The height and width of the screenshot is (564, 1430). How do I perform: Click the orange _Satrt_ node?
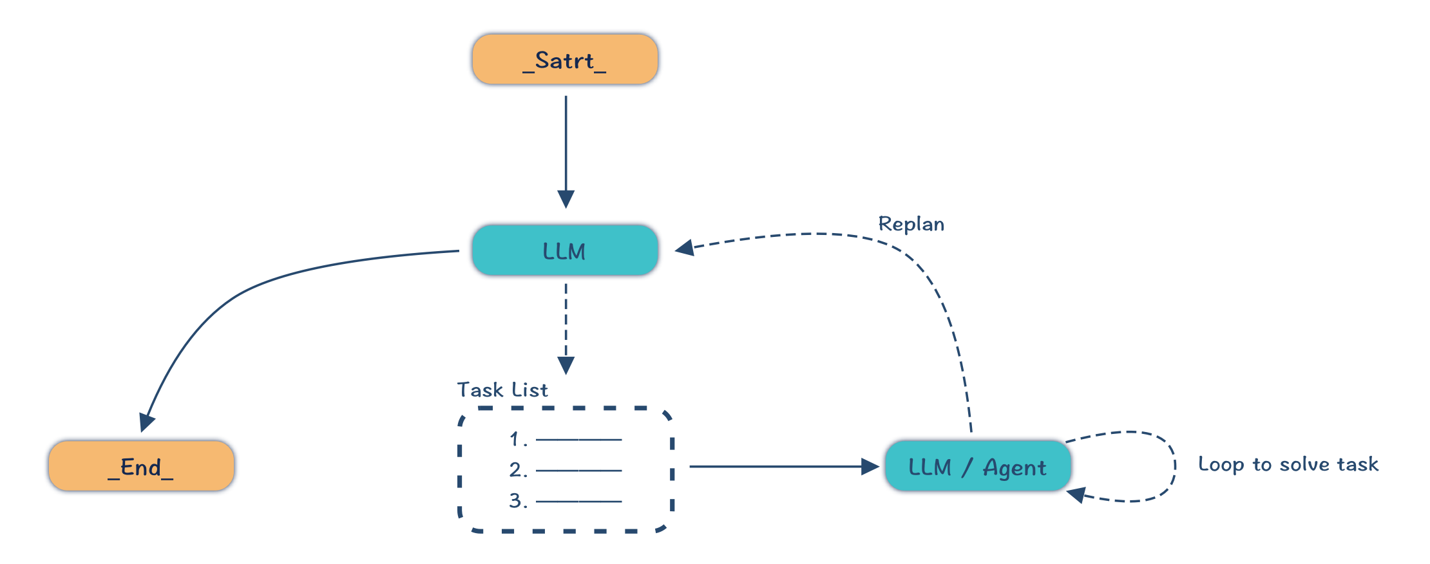coord(565,59)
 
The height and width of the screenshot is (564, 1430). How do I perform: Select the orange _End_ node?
coord(141,466)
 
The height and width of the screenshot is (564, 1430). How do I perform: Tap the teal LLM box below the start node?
coord(565,250)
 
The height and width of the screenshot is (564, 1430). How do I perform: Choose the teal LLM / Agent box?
coord(977,466)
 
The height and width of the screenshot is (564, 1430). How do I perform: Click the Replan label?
coord(911,224)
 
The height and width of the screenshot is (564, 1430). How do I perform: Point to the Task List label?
coord(502,390)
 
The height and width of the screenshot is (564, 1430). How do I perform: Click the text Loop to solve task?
coord(1288,464)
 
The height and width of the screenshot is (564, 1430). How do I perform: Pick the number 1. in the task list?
coord(518,439)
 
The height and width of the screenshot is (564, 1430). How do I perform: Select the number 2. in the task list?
coord(518,470)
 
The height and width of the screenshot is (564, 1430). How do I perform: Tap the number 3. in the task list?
coord(518,501)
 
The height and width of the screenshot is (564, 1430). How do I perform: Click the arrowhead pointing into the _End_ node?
coord(147,422)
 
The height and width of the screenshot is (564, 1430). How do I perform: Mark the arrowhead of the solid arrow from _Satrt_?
coord(566,199)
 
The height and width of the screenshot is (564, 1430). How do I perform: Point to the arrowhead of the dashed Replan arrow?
coord(684,248)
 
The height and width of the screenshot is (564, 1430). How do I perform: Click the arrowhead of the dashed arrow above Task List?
coord(566,366)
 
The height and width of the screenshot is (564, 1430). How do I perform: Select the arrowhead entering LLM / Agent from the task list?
coord(870,466)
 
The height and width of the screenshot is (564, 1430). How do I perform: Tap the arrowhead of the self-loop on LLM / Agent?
coord(1076,494)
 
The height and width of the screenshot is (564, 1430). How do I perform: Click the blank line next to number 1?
coord(578,440)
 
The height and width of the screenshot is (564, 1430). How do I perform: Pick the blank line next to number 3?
coord(578,501)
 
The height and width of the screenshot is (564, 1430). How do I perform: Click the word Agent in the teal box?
coord(1014,467)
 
